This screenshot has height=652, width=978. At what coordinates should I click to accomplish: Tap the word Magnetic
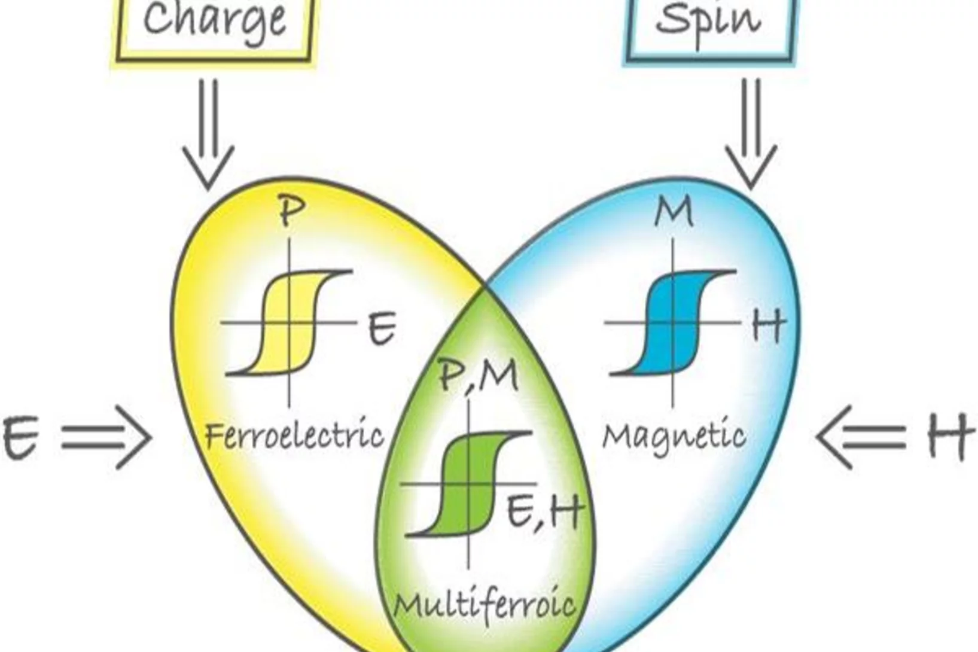[x=674, y=437]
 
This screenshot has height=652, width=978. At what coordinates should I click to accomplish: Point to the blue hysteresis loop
[x=674, y=323]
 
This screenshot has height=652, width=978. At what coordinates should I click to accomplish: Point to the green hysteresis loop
[x=468, y=483]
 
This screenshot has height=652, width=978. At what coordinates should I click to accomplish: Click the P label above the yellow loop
[x=291, y=212]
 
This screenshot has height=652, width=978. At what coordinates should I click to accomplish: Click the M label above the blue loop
[x=674, y=212]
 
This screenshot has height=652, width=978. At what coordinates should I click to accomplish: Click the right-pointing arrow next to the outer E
[x=106, y=437]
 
